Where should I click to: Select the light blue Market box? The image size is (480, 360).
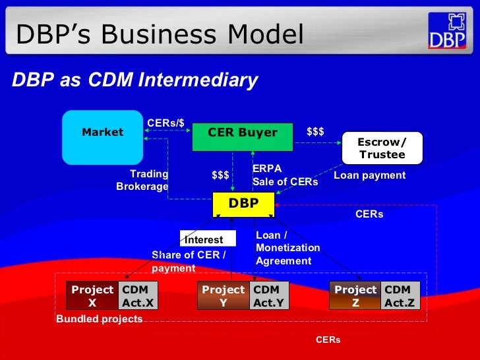pyautogui.click(x=102, y=136)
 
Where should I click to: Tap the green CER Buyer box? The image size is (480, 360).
pyautogui.click(x=243, y=134)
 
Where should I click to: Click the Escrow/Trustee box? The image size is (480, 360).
pyautogui.click(x=382, y=148)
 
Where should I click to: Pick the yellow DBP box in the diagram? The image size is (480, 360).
pyautogui.click(x=243, y=204)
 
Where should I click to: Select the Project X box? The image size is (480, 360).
pyautogui.click(x=92, y=296)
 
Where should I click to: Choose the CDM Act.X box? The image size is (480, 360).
pyautogui.click(x=138, y=296)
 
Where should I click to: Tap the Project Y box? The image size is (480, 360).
pyautogui.click(x=223, y=296)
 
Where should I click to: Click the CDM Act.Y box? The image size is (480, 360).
pyautogui.click(x=268, y=296)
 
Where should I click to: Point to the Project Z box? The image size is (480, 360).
pyautogui.click(x=355, y=296)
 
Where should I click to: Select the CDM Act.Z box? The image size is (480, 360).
pyautogui.click(x=400, y=296)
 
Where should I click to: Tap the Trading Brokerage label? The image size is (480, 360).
pyautogui.click(x=142, y=180)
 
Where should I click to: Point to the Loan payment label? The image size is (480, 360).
pyautogui.click(x=369, y=176)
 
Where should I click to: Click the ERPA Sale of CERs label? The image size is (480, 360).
pyautogui.click(x=284, y=175)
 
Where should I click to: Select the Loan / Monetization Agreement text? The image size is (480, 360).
pyautogui.click(x=287, y=248)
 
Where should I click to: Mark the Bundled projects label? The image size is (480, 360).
pyautogui.click(x=99, y=319)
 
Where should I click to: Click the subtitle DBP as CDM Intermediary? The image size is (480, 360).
pyautogui.click(x=135, y=80)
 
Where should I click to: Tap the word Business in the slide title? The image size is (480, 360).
pyautogui.click(x=150, y=35)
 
